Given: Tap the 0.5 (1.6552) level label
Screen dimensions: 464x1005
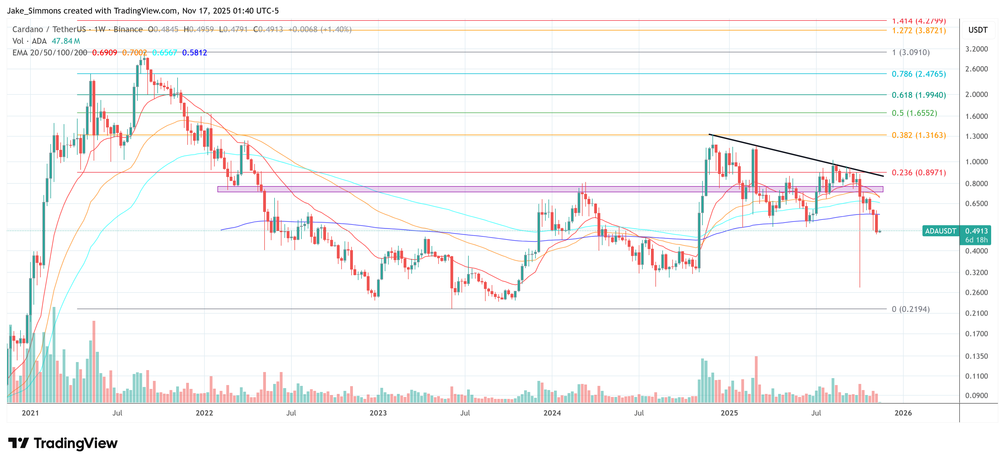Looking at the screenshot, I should tap(914, 113).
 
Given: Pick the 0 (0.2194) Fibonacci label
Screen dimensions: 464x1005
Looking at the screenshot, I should tap(910, 309).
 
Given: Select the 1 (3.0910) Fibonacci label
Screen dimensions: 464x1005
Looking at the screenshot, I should tap(910, 52).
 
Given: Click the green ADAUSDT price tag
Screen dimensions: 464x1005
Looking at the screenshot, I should tap(940, 231).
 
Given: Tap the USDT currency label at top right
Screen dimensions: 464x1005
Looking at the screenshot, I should tap(978, 30).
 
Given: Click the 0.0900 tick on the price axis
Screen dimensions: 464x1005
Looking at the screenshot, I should tap(976, 395).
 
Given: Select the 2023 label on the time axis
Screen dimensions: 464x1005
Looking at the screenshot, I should tap(378, 413).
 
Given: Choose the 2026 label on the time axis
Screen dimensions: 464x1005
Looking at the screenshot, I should tap(903, 413).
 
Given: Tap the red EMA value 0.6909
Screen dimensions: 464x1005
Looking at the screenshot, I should tap(104, 53).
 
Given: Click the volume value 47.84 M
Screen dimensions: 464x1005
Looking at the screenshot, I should tap(66, 41).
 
